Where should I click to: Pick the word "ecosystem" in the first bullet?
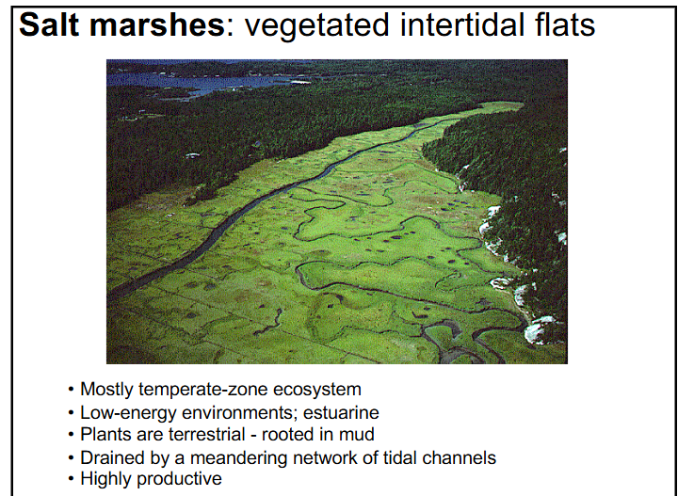[315, 390]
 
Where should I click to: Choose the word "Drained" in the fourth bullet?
[110, 457]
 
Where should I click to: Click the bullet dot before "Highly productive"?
[72, 480]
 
